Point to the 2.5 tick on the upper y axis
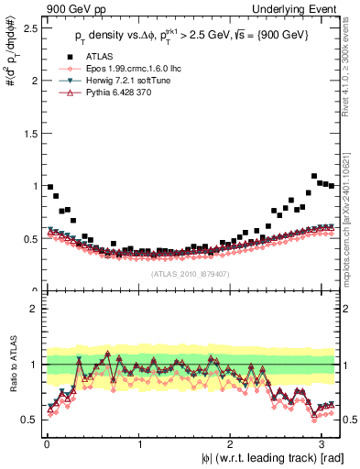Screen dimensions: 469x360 29,27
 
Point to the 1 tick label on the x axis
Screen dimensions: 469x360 138,443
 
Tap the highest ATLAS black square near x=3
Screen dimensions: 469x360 315,176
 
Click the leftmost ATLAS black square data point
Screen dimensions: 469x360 49,187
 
